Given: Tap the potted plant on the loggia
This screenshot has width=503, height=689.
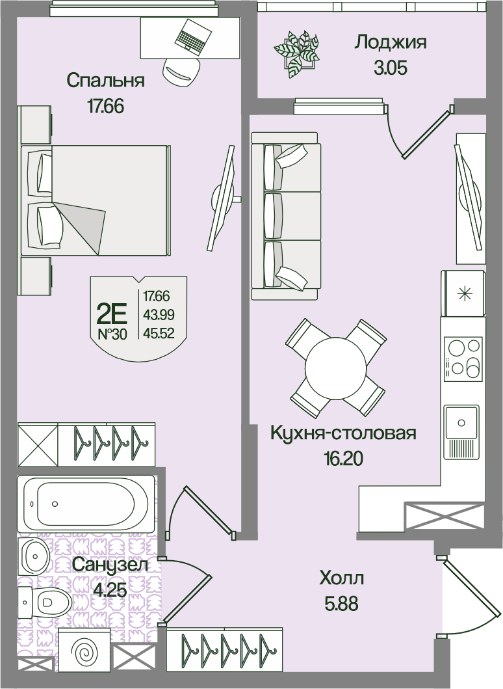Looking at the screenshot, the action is click(x=296, y=53).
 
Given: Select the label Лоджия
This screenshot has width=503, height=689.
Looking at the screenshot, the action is click(x=390, y=42).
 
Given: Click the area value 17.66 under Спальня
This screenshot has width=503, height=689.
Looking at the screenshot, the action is click(x=105, y=106).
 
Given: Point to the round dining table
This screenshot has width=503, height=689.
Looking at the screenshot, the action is click(x=335, y=368).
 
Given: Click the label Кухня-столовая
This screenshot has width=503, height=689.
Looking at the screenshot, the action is click(x=343, y=433).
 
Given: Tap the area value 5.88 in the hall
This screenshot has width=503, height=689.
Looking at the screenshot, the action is click(x=341, y=604).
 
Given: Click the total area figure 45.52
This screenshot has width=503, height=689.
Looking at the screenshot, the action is click(x=157, y=334).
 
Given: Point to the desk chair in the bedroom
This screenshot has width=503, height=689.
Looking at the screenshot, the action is click(x=181, y=71).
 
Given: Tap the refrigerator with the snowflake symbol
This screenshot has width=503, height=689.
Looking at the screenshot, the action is click(x=463, y=294).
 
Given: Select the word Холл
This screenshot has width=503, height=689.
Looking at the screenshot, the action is click(x=342, y=578).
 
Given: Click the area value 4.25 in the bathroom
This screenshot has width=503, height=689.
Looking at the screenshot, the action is click(x=111, y=590).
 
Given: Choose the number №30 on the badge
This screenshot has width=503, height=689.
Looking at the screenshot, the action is click(x=112, y=335).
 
